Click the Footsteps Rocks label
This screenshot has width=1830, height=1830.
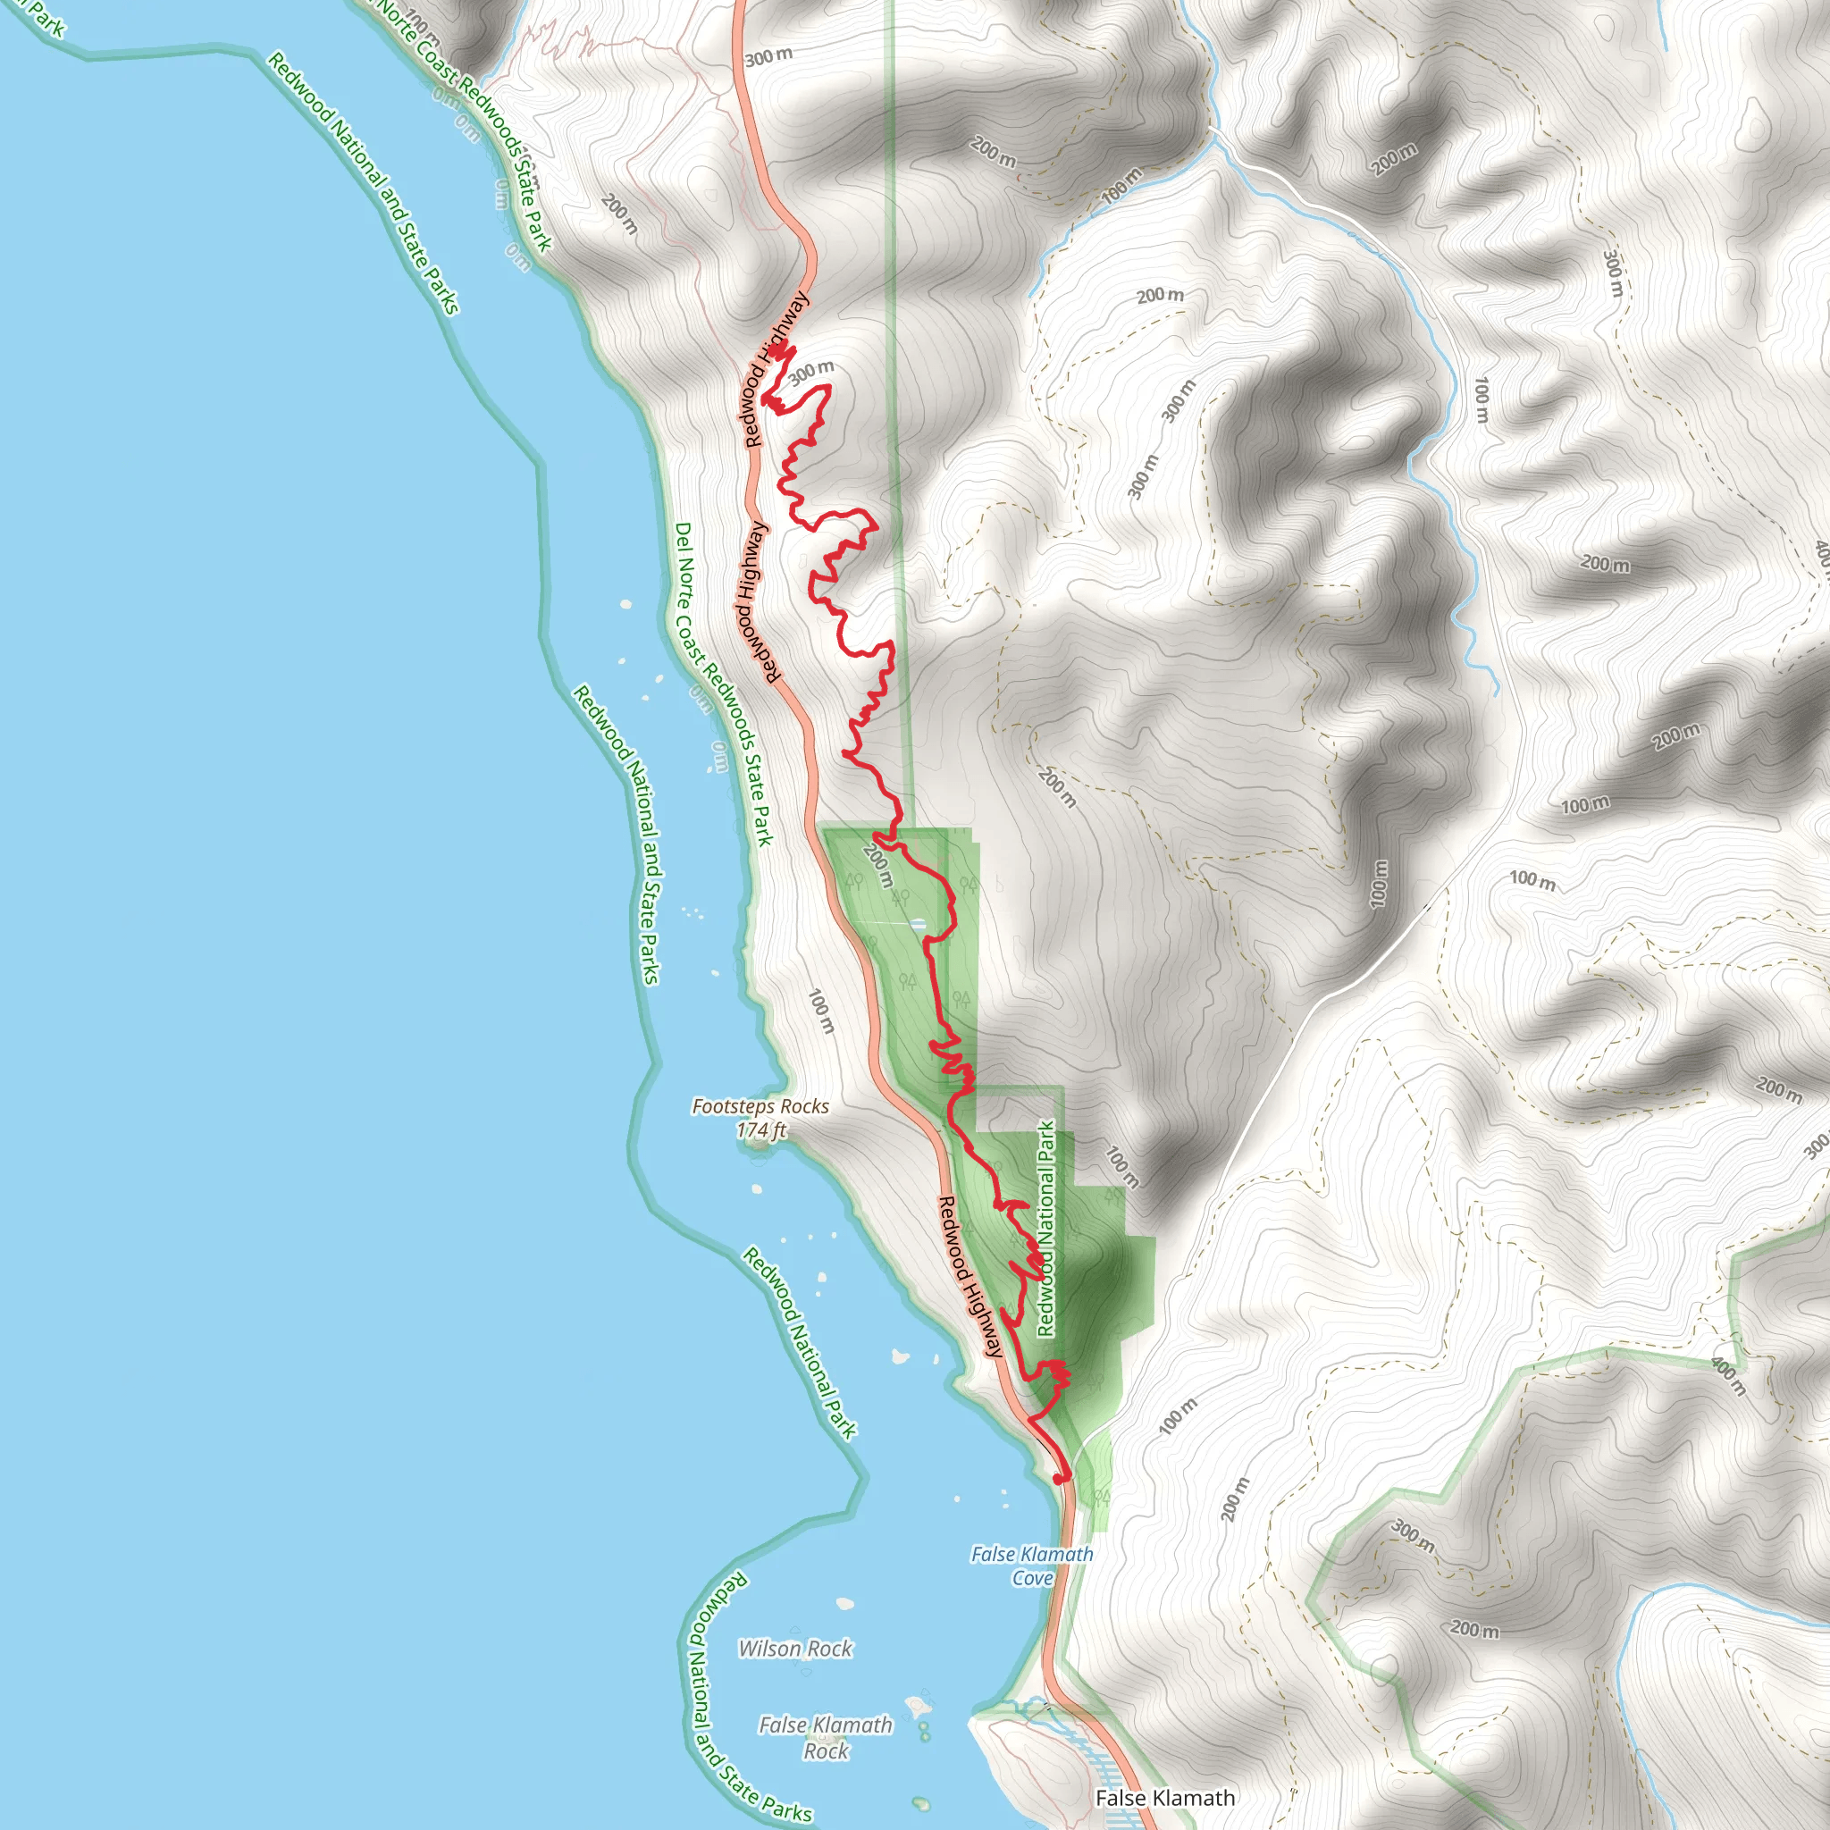[760, 1106]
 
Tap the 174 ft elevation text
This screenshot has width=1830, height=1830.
[760, 1130]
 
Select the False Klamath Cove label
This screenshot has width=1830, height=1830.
[1031, 1566]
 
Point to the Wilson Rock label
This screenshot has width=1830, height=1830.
[795, 1650]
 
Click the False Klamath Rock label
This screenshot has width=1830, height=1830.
[826, 1738]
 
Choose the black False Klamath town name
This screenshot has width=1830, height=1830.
[1165, 1798]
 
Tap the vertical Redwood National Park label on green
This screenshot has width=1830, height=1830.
[1045, 1229]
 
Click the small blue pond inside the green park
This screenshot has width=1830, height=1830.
[917, 924]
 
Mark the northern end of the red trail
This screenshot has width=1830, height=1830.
[776, 351]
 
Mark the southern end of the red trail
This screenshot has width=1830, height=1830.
[1060, 1479]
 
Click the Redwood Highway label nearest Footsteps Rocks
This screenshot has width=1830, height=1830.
[969, 1277]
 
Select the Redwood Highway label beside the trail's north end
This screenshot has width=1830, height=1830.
[776, 369]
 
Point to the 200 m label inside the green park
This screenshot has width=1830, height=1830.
[878, 866]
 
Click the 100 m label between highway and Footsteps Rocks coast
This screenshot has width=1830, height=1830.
[821, 1012]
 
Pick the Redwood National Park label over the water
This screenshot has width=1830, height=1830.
[800, 1343]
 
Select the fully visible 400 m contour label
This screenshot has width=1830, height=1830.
[1728, 1376]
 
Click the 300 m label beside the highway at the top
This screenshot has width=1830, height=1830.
[768, 57]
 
